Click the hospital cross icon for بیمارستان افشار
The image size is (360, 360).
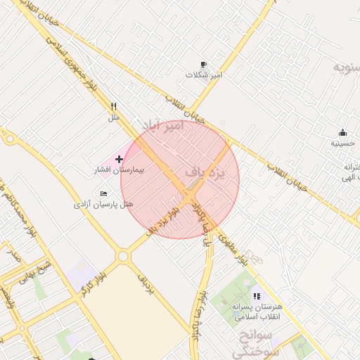119,160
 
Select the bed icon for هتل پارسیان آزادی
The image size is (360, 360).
104,193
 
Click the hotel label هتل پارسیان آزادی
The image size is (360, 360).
103,205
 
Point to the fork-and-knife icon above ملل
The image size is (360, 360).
114,107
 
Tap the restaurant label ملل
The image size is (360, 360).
114,117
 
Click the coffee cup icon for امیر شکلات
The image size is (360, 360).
204,64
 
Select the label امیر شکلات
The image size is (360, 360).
204,75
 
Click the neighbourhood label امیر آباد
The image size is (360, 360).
162,127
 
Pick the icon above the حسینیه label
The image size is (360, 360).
342,132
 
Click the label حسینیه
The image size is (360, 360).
343,143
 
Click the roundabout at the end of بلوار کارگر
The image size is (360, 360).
123,257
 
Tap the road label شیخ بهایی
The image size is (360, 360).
35,270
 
